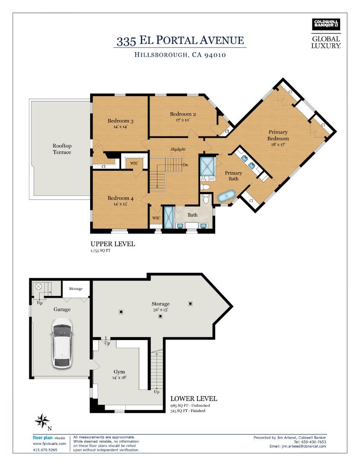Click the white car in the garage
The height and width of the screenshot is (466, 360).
pyautogui.click(x=62, y=343)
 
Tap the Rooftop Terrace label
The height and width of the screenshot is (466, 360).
pyautogui.click(x=62, y=149)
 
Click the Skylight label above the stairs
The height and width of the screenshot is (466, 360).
pyautogui.click(x=178, y=149)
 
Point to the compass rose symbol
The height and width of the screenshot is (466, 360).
pyautogui.click(x=42, y=420)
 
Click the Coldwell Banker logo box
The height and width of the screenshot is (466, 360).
pyautogui.click(x=326, y=25)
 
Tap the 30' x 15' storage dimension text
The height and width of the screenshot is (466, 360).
pyautogui.click(x=160, y=310)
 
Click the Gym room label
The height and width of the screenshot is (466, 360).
pyautogui.click(x=119, y=372)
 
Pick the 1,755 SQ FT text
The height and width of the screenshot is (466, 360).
pyautogui.click(x=100, y=251)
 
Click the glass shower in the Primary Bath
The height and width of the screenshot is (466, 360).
pyautogui.click(x=207, y=167)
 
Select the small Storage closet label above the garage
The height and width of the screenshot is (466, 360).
pyautogui.click(x=76, y=289)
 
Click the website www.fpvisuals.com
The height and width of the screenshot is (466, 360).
pyautogui.click(x=49, y=444)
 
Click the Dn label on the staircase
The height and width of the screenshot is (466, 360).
pyautogui.click(x=185, y=165)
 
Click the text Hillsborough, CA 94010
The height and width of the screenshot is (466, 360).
pyautogui.click(x=180, y=55)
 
